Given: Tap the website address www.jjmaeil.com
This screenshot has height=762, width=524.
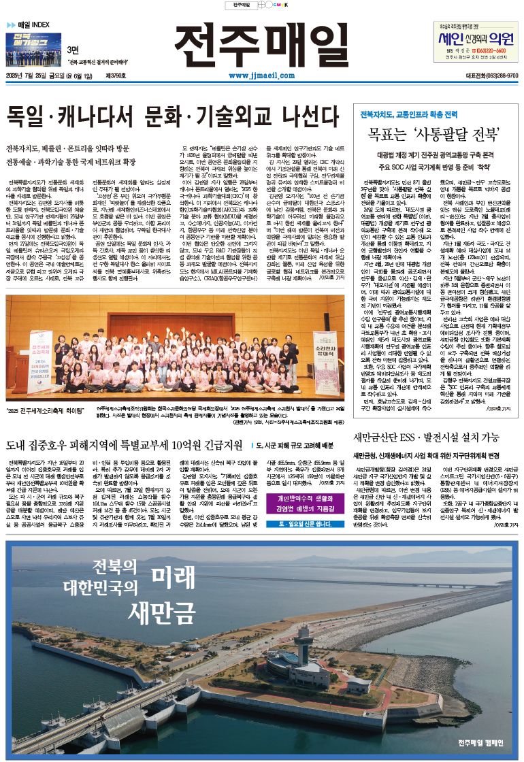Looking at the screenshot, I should [x=262, y=76].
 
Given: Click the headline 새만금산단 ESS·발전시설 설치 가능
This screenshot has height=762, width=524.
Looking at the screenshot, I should [x=436, y=437].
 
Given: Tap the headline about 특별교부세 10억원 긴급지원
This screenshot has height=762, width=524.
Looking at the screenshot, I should [x=123, y=446].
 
